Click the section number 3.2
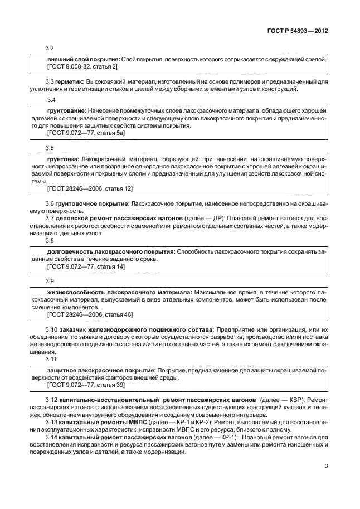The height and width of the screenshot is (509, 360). pos(50,49)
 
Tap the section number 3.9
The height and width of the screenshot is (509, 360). pos(50,280)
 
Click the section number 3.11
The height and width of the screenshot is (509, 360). pos(51,360)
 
